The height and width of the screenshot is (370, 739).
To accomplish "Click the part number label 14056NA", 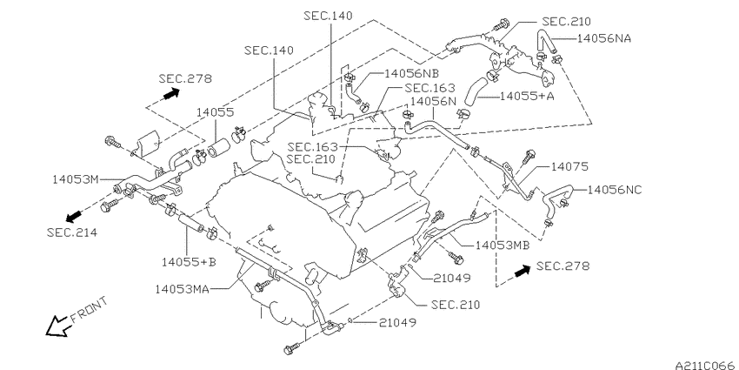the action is coord(603,38).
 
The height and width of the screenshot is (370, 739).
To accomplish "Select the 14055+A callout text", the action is coord(527,97).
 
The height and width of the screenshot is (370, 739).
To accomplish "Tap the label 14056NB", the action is coord(411,73).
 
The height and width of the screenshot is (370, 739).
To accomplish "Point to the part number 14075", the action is coord(569,166).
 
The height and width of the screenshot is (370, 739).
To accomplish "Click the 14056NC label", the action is coord(615,190).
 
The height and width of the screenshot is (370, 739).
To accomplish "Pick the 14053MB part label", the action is coord(503,246).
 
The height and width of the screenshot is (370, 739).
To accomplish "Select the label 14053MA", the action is coord(182,288).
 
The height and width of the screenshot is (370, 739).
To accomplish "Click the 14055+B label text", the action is coord(189,261).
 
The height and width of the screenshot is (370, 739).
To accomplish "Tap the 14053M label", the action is coord(76,179).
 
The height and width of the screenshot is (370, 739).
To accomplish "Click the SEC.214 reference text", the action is coord(72,232).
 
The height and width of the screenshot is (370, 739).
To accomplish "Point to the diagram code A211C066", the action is coord(707,366).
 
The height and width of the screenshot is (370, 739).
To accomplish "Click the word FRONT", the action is coord(89,310).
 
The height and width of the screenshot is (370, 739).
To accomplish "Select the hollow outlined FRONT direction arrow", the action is coord(57,326).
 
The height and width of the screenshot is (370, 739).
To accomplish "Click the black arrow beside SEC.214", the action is coord(73,217).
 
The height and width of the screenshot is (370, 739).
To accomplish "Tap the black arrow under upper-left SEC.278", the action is coord(171,94).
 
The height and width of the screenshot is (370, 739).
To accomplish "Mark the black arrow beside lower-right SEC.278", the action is coord(523,271).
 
